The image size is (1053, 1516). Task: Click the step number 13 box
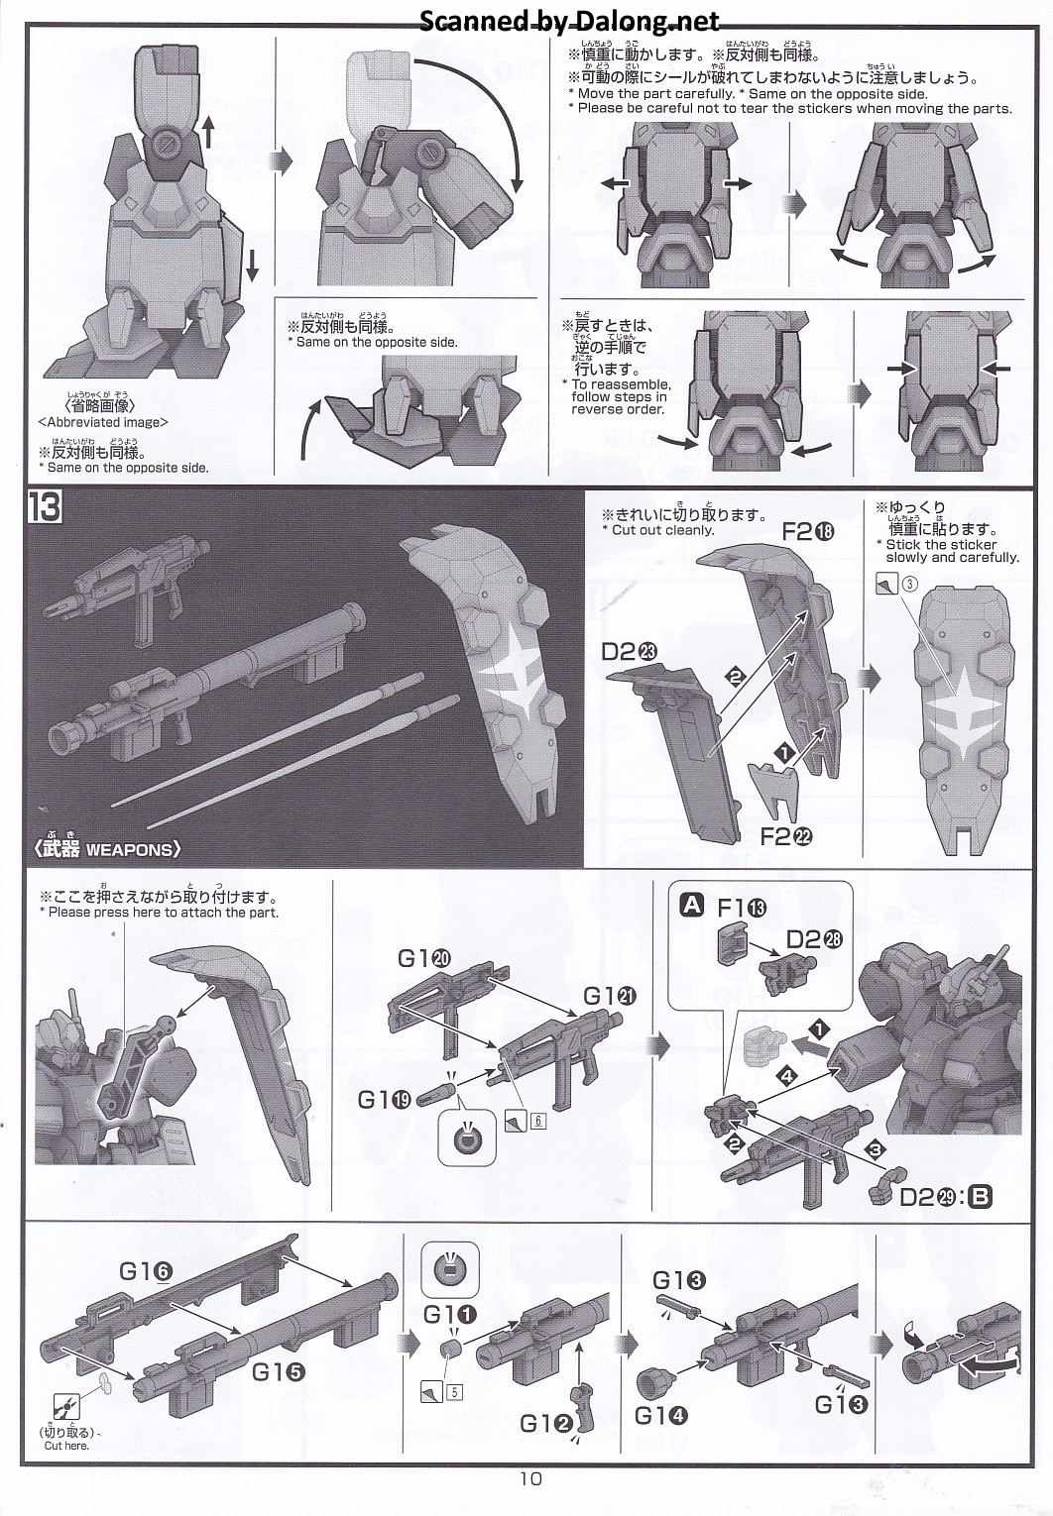(45, 508)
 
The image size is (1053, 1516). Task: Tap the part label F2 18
(809, 532)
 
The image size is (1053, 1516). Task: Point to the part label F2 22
(786, 836)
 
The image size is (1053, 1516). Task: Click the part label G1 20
(425, 958)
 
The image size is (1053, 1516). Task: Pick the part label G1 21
(610, 997)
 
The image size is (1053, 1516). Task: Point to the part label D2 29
(932, 1197)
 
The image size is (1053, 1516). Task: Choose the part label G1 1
(449, 1314)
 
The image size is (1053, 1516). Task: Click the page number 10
(529, 1479)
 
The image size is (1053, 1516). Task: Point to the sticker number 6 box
(538, 1121)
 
